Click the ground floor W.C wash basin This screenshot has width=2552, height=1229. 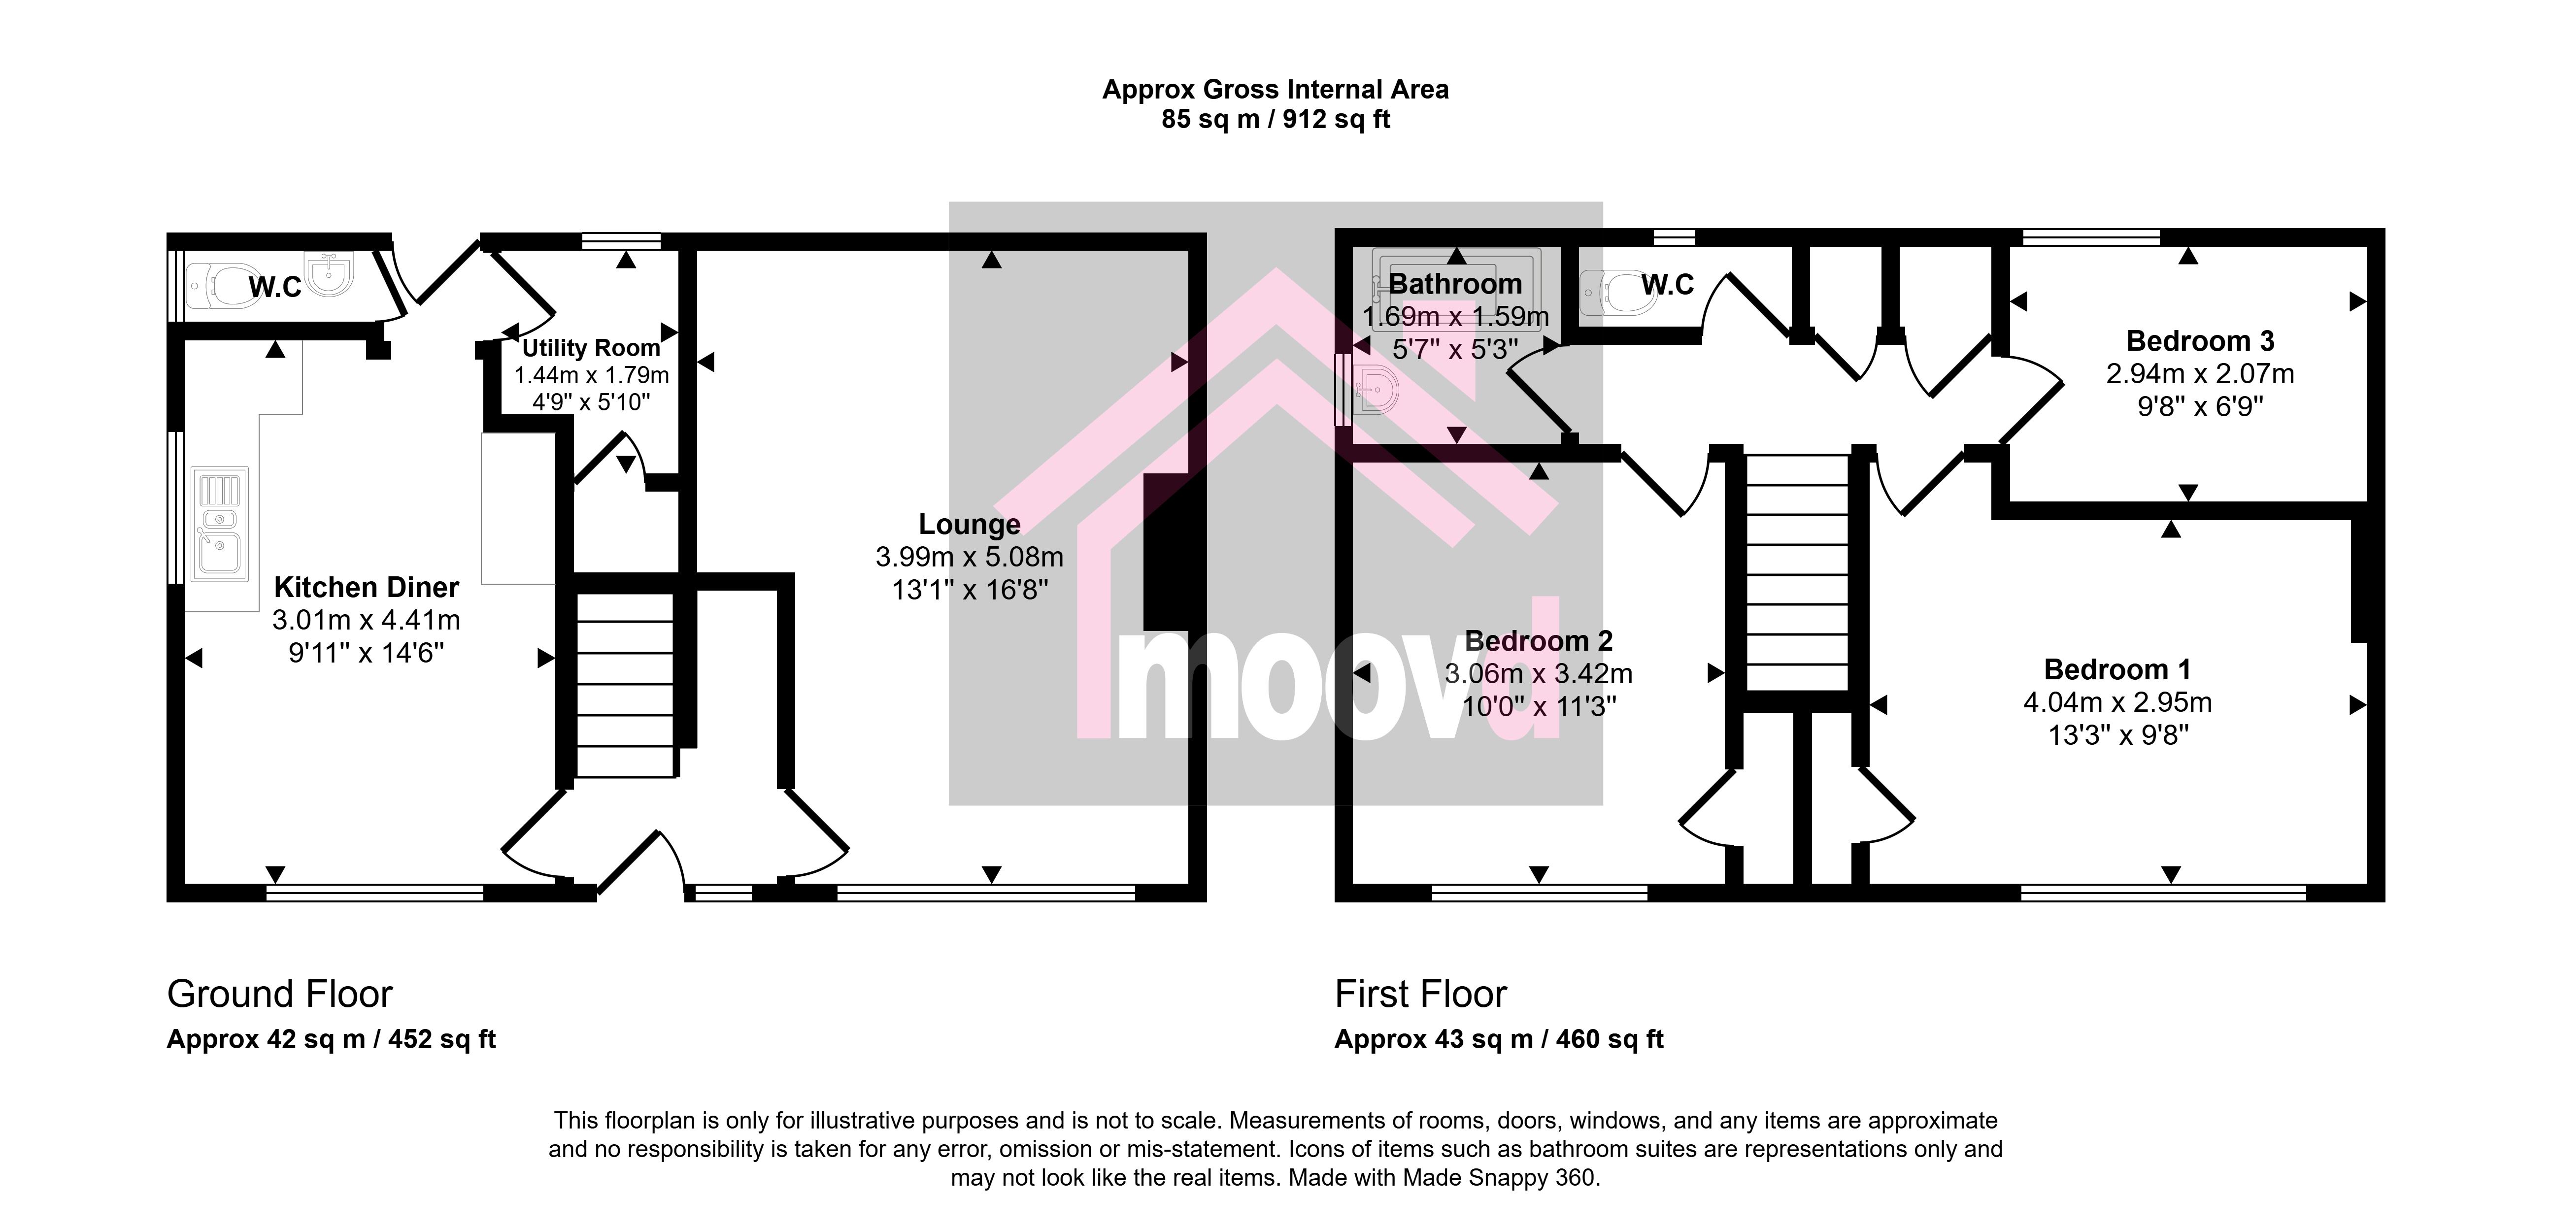(x=328, y=275)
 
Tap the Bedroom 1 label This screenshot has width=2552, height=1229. (x=2117, y=669)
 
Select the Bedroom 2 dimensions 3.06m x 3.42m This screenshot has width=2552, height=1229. (x=1539, y=673)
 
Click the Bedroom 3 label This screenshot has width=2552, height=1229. (x=2200, y=341)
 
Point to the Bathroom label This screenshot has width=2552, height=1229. (x=1455, y=283)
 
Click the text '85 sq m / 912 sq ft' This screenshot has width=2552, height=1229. (x=1276, y=120)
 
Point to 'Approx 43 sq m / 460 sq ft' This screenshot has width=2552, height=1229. (x=1499, y=1039)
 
